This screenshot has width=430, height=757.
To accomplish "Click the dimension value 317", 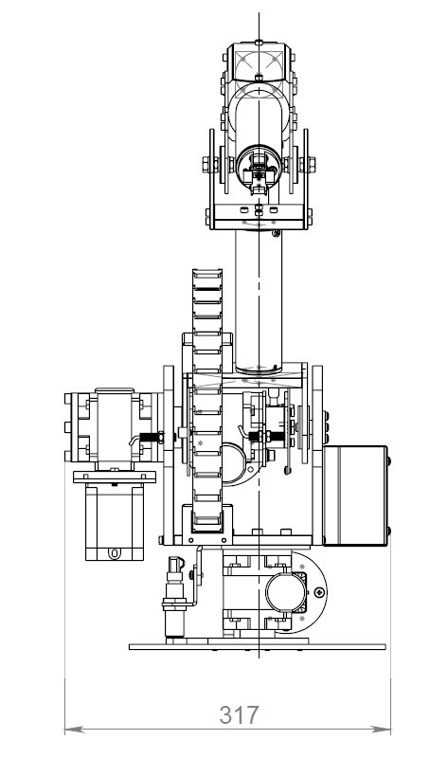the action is [239, 715].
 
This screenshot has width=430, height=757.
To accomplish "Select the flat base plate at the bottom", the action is [258, 646].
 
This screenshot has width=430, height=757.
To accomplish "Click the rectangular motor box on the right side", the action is [355, 496].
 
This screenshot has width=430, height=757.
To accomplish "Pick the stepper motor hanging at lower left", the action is [115, 521].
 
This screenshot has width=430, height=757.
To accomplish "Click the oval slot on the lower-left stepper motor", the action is [115, 552].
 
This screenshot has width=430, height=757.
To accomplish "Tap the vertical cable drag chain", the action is [207, 396].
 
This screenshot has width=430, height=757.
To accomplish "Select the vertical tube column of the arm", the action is [259, 301].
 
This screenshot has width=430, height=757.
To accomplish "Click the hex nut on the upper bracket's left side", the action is [207, 165].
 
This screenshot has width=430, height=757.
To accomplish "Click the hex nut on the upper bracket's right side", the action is [311, 165].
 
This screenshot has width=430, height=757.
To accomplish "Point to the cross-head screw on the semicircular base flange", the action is [319, 592].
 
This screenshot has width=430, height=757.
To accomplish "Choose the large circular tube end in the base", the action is [286, 593].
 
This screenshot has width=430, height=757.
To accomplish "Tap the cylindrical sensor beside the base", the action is [174, 599].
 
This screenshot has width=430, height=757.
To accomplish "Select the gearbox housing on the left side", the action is [115, 427].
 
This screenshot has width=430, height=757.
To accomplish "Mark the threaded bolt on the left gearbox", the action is [151, 438].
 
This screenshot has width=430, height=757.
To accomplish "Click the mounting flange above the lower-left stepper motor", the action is [115, 477].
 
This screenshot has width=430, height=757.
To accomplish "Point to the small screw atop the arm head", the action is [259, 43].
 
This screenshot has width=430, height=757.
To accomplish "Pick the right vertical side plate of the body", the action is [317, 456].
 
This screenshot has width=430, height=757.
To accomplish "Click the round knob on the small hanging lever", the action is [288, 470].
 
